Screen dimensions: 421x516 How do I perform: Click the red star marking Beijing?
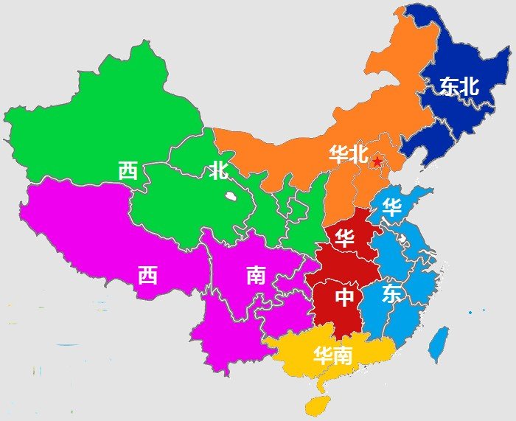coord(377,161)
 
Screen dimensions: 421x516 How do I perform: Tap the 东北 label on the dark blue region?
coord(459,86)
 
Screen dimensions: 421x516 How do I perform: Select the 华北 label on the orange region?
coord(348,154)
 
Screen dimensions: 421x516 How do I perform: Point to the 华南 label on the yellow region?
coord(332,356)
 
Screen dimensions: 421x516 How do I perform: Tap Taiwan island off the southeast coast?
coord(439,344)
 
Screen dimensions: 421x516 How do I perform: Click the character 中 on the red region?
coord(345,297)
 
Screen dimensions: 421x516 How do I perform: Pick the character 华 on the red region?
coord(344,237)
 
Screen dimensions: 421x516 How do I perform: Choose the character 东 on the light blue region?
coord(392,294)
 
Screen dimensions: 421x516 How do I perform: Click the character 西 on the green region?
coord(128,171)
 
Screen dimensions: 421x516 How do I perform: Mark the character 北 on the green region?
coord(218,172)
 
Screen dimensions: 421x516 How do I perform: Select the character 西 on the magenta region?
coord(147,276)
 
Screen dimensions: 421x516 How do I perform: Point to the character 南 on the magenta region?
coord(256,276)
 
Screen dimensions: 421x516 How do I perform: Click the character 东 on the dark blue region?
coord(448,86)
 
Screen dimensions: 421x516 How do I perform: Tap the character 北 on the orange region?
coord(358,154)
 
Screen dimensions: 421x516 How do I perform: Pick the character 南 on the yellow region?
coord(343,356)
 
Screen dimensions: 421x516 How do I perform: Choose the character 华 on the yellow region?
coord(322,356)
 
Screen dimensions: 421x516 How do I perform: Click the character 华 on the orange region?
coord(338,154)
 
